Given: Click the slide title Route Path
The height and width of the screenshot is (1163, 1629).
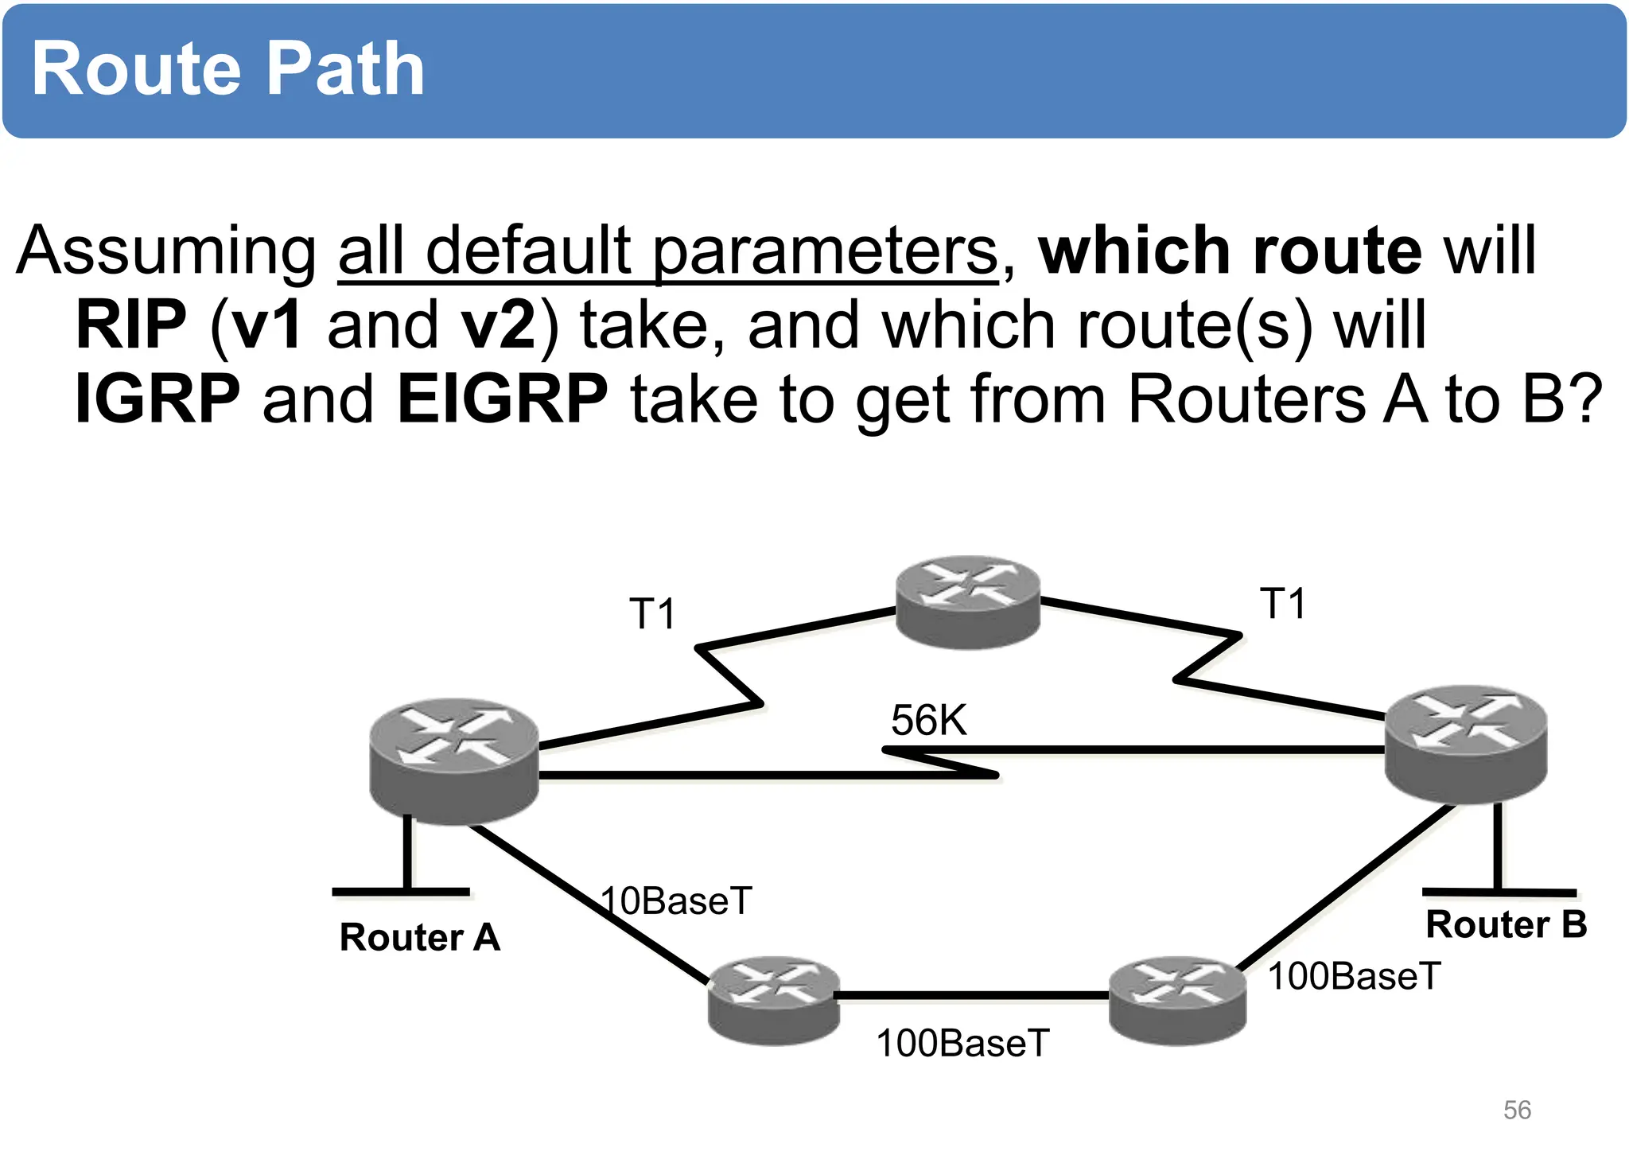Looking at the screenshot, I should pos(227,70).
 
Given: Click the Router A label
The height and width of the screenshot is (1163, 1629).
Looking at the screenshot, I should pos(419,937).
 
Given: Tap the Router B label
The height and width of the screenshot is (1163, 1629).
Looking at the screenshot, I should pos(1506,924).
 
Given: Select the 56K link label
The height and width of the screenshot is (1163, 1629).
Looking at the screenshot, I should pos(928,721).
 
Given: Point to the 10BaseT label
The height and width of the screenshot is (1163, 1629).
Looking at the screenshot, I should pos(676,901).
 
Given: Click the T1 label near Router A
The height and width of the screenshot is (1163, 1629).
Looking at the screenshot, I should pos(652,614).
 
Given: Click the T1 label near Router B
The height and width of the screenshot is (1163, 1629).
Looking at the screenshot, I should pos(1282,604).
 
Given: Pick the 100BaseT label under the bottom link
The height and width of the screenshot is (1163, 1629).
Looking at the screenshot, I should pos(962,1043).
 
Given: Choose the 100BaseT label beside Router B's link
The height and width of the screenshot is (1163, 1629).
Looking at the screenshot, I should pos(1354,976).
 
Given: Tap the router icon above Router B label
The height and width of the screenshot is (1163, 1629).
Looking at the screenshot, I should pos(1465,743).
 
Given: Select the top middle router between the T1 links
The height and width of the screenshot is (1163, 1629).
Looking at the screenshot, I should pos(967,601).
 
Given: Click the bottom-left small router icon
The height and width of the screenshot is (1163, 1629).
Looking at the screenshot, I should pos(773,999).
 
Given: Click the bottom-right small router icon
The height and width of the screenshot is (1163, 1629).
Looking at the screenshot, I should pos(1176,999).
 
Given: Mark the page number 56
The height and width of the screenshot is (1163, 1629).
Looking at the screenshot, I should pos(1517,1110).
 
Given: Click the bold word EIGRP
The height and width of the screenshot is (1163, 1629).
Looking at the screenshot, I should pos(503,399).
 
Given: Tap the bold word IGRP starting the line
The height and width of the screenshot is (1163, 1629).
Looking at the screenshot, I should pos(157,399).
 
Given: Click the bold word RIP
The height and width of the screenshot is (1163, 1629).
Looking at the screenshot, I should pos(131,325).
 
